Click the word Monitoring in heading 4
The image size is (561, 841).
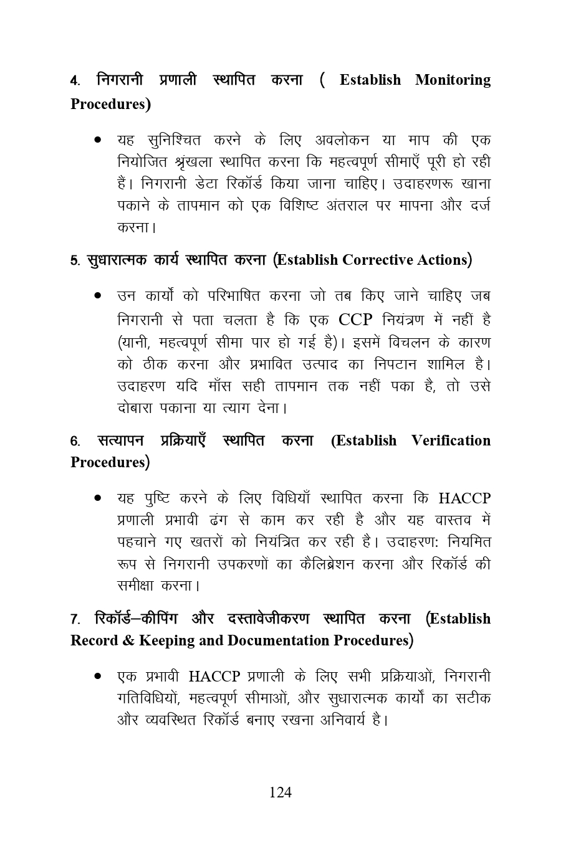tap(453, 80)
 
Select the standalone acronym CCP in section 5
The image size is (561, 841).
tap(355, 320)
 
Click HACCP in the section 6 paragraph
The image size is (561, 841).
tap(464, 498)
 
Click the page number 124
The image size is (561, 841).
tap(280, 792)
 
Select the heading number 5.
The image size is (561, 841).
tap(74, 260)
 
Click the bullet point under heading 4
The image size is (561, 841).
tap(98, 140)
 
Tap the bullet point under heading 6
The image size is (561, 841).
tap(98, 498)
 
